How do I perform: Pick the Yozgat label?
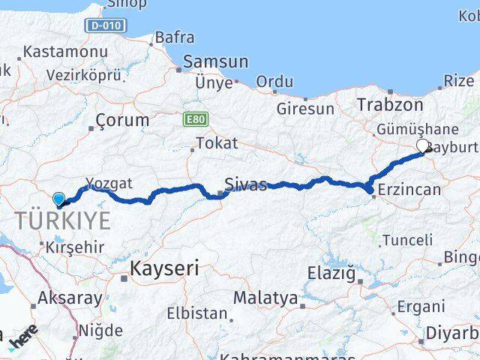tap(109, 183)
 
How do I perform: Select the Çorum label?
tap(123, 119)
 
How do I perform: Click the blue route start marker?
tap(59, 199)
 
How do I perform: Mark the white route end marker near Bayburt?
tap(422, 145)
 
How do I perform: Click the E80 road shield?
tap(191, 118)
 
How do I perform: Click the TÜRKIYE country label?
tap(64, 220)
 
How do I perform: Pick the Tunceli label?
tap(407, 240)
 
